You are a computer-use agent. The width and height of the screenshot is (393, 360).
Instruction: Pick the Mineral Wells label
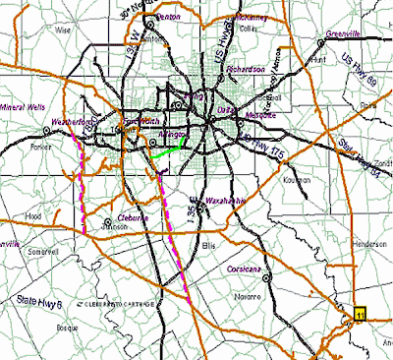point(24,104)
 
